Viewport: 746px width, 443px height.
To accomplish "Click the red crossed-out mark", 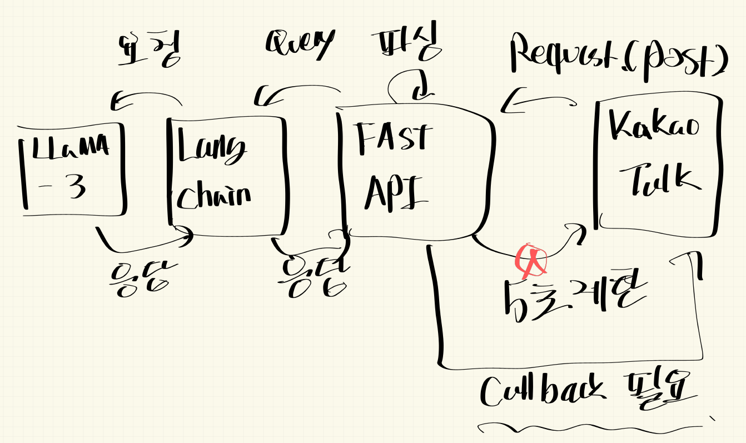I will (x=531, y=259).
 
